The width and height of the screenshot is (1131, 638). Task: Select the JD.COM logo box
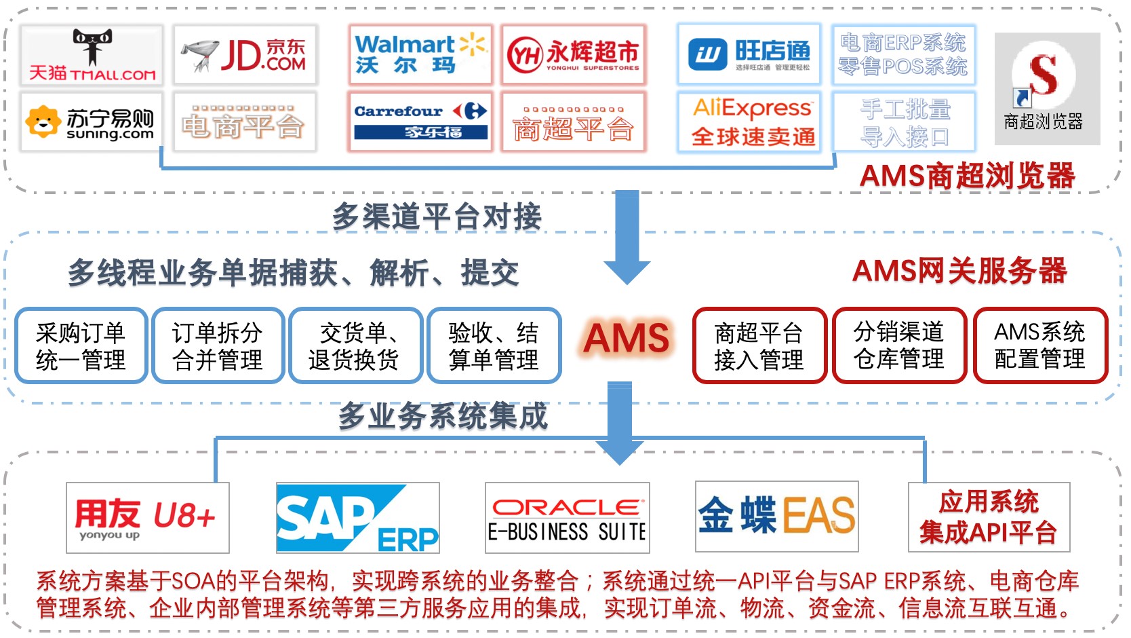pos(245,55)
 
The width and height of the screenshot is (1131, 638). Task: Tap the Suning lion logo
pos(42,122)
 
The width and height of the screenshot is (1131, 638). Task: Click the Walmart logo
pos(420,54)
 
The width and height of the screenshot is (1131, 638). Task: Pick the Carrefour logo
pos(420,121)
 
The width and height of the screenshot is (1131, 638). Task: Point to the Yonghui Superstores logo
pos(573,55)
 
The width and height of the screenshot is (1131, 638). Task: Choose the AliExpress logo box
pos(750,121)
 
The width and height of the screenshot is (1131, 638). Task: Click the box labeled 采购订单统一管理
pos(81,346)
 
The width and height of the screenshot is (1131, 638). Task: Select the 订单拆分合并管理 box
pos(218,346)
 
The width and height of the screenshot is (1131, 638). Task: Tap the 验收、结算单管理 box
pos(494,346)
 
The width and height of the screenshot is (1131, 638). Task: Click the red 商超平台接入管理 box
pos(759,346)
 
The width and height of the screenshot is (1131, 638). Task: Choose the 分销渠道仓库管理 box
pos(899,345)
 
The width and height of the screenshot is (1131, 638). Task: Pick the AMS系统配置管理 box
pos(1040,345)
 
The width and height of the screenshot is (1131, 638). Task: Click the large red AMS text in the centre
pos(627,338)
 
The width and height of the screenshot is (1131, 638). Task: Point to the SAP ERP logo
pos(357,517)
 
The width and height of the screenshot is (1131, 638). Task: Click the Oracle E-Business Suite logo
pos(567,518)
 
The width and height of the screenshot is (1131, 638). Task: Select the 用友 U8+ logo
pos(147,517)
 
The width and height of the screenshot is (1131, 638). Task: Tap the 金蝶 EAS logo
pos(776,516)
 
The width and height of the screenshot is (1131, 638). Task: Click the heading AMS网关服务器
pos(959,271)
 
